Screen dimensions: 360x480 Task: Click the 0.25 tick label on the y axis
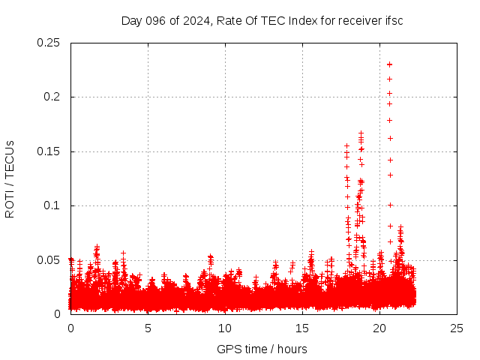(x=49, y=43)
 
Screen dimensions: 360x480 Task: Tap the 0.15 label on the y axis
(x=49, y=151)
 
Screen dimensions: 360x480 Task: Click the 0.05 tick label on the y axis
(x=49, y=260)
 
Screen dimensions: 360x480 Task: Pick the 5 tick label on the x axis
(x=148, y=328)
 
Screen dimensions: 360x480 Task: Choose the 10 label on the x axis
(x=225, y=328)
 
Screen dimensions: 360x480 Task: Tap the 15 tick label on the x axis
(x=302, y=328)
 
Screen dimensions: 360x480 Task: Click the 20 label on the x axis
(x=379, y=328)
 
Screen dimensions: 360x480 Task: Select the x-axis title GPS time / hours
(x=262, y=349)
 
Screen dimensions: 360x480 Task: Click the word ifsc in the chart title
(x=394, y=20)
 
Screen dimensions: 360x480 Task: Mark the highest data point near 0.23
(x=389, y=64)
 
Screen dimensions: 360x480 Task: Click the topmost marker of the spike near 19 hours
(x=361, y=133)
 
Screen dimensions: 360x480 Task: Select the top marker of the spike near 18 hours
(x=346, y=146)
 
